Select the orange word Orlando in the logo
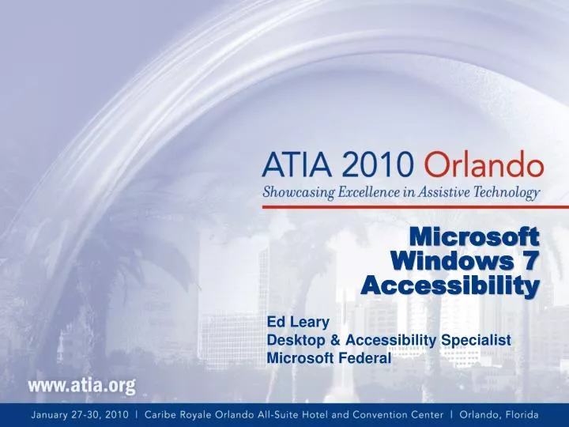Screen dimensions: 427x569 click(484, 168)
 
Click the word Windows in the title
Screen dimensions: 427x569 click(451, 260)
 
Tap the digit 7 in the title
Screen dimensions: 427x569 click(531, 260)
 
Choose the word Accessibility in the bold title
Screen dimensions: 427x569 click(450, 285)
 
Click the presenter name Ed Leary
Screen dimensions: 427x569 click(292, 322)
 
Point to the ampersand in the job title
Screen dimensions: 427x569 click(318, 340)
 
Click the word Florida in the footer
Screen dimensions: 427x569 click(518, 414)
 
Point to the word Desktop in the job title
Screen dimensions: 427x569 click(289, 340)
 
